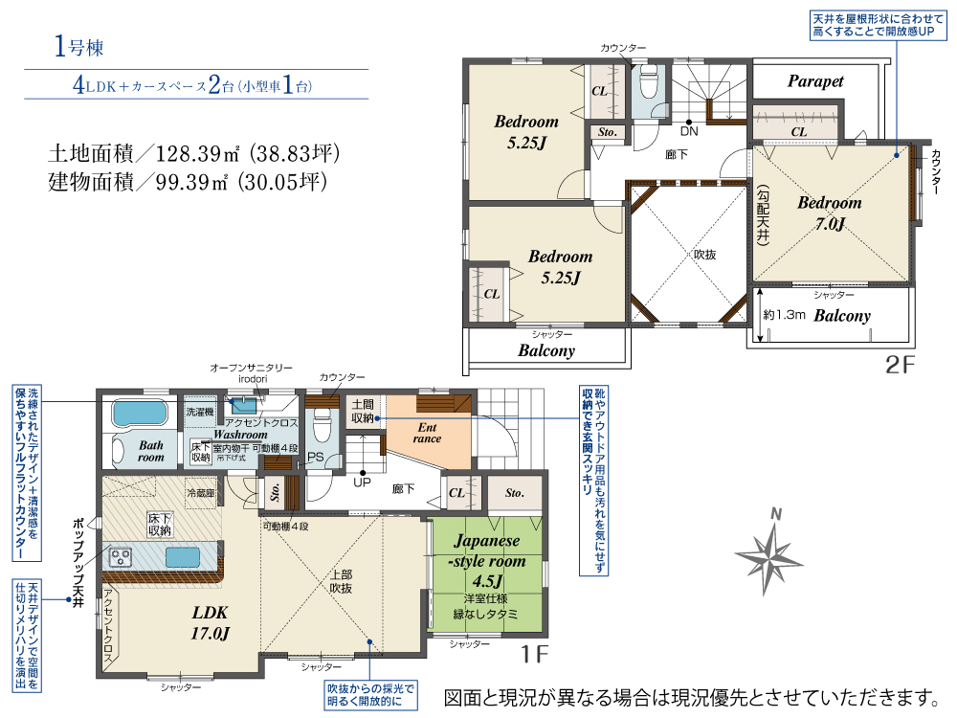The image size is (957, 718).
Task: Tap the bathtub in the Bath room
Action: (140, 414)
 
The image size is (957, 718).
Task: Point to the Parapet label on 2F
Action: (815, 81)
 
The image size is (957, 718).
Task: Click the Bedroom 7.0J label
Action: (830, 213)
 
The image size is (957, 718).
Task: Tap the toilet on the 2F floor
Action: (648, 84)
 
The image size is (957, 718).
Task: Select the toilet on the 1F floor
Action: (322, 418)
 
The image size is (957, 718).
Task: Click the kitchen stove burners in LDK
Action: (122, 556)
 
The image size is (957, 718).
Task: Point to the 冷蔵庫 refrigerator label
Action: (200, 492)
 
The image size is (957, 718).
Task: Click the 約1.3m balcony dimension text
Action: (783, 315)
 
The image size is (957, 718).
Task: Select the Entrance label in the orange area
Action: (427, 433)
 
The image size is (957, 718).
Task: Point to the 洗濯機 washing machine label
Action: (200, 412)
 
